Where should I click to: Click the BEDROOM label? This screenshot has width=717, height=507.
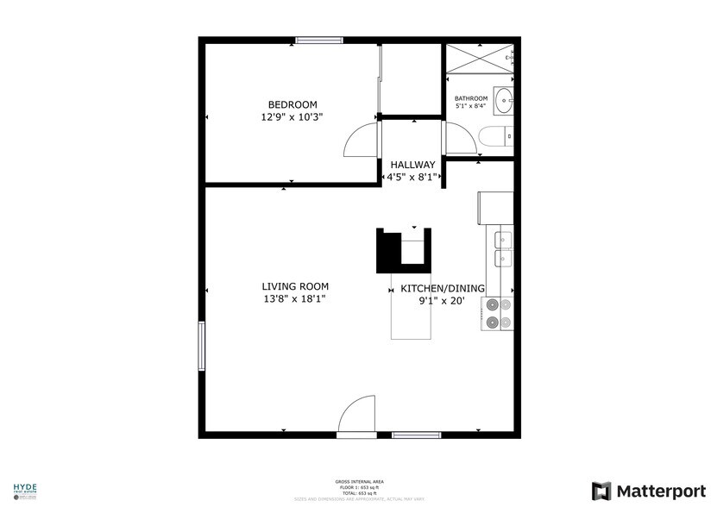point(292,103)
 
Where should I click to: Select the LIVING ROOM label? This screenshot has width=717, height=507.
point(295,286)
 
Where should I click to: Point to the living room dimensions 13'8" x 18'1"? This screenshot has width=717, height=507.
point(295,299)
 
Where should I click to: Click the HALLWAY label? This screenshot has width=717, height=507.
point(412,165)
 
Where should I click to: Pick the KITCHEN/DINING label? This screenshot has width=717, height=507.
point(442,289)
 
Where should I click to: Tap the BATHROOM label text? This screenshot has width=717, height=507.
point(471,98)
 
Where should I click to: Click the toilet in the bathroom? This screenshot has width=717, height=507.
point(495,136)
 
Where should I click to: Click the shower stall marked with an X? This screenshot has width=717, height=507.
point(479,59)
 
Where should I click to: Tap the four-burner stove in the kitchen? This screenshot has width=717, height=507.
point(497,314)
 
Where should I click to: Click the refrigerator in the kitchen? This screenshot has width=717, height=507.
point(495,207)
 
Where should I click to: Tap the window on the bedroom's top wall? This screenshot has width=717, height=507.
point(319,41)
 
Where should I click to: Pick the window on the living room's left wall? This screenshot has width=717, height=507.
point(202,347)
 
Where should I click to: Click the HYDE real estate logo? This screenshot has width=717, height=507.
point(24,489)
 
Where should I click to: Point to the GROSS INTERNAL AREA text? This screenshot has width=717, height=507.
point(360,481)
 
